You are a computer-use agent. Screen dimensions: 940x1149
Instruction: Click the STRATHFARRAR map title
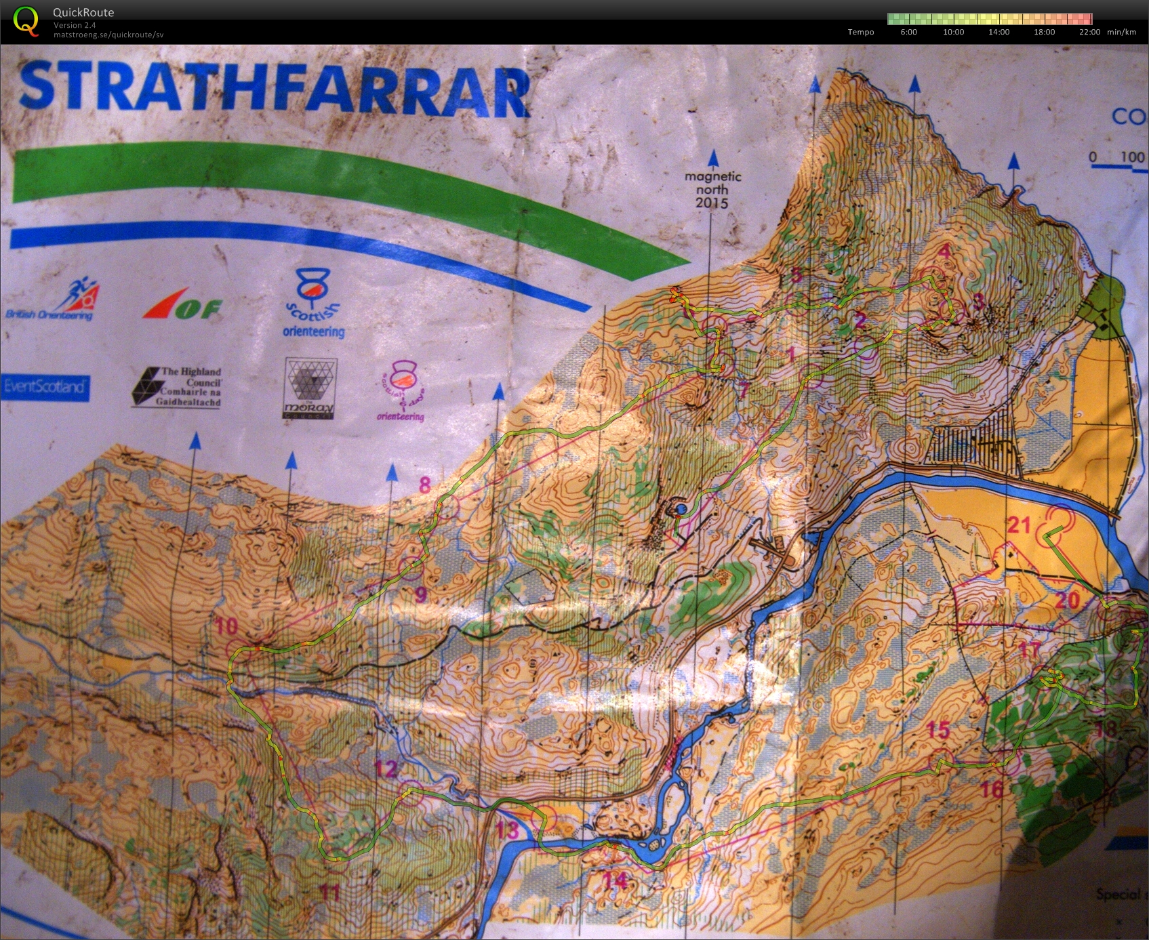[x=275, y=88]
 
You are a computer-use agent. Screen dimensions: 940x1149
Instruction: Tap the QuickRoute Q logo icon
[x=26, y=20]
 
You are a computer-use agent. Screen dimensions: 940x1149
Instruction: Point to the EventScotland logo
[x=45, y=387]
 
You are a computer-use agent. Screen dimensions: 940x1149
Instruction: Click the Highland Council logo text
[x=177, y=387]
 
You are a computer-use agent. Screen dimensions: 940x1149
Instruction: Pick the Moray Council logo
[x=310, y=388]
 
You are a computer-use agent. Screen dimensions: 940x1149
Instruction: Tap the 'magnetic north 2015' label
[x=712, y=190]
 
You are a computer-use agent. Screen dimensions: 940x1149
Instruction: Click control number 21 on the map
[x=1018, y=525]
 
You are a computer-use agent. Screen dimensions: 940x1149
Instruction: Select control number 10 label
[x=226, y=626]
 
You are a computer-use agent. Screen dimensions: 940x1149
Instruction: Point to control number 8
[x=425, y=485]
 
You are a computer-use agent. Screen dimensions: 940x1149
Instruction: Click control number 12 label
[x=386, y=769]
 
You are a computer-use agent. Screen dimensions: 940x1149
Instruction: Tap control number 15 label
[x=938, y=730]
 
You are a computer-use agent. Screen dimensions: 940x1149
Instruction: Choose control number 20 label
[x=1067, y=600]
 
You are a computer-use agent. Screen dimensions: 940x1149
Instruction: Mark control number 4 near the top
[x=944, y=251]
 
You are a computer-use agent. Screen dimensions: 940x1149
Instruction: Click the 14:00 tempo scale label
[x=999, y=32]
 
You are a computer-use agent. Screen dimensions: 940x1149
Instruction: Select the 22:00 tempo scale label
[x=1089, y=32]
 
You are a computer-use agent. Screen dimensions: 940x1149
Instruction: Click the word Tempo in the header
[x=860, y=32]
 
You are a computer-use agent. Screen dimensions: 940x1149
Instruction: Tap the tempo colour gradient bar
[x=990, y=19]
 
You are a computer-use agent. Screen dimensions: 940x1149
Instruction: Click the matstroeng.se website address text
[x=108, y=35]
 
